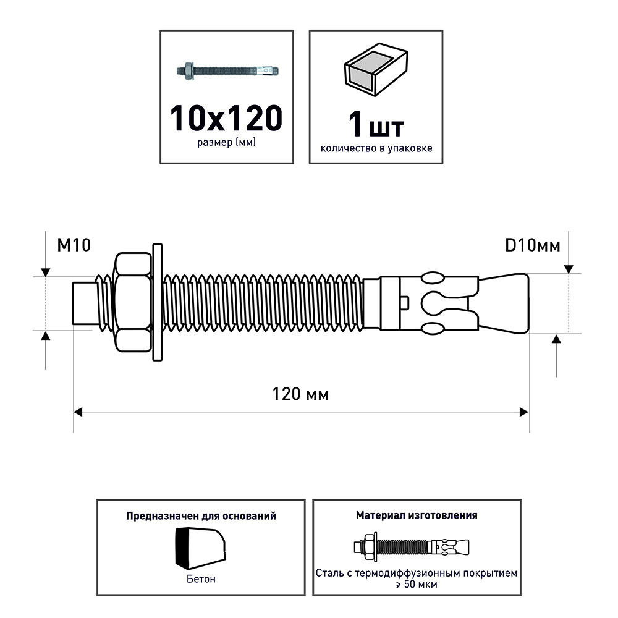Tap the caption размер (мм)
[x=227, y=143]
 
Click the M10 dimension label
[x=74, y=245]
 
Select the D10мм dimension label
[x=533, y=245]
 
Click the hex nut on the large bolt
[x=132, y=303]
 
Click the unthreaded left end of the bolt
[x=85, y=303]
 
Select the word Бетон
[x=201, y=580]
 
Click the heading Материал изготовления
[x=416, y=515]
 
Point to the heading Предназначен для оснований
[x=201, y=515]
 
